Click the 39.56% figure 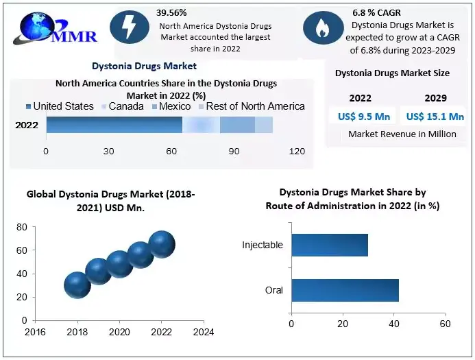171,12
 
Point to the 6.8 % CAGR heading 376,12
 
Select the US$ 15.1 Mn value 435,116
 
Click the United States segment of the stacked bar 114,125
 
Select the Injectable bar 330,245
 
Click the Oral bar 345,290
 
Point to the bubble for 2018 77,285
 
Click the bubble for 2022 162,243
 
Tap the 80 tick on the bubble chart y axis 21,227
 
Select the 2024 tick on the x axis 204,333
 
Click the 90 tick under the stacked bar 234,151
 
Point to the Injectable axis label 263,245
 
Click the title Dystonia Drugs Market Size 392,73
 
